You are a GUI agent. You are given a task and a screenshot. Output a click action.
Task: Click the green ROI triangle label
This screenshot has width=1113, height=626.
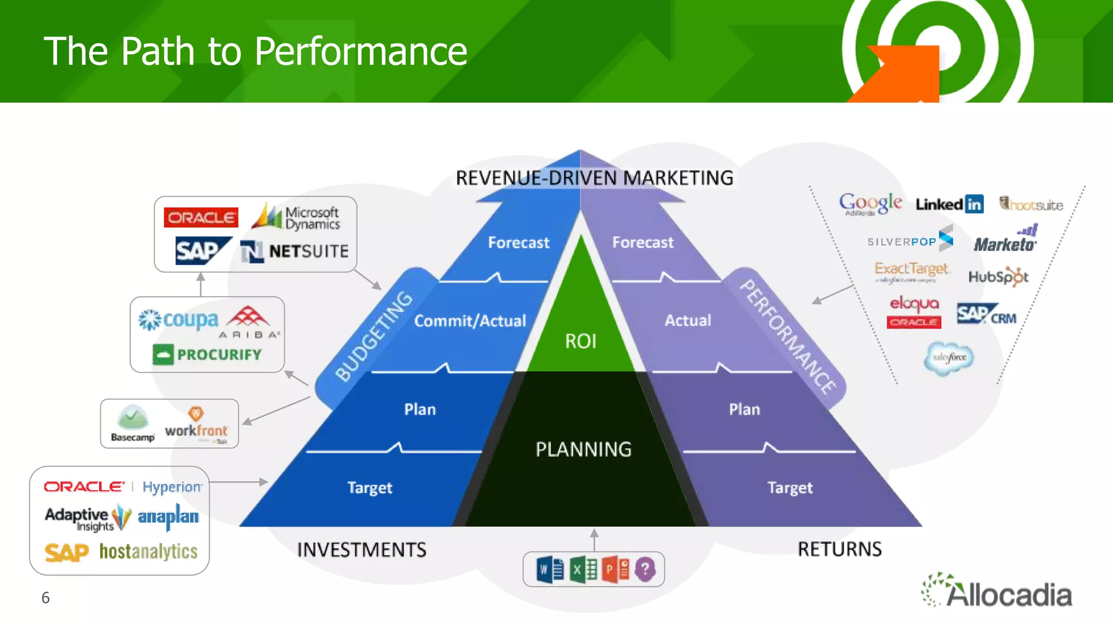580,341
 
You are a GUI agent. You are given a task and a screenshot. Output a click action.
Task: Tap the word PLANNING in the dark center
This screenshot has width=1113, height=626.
583,449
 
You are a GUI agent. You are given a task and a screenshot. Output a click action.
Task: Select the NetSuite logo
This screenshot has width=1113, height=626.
295,251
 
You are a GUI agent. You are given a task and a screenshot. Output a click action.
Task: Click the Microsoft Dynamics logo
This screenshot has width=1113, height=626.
297,217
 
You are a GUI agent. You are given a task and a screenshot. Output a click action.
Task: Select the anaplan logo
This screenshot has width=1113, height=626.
168,516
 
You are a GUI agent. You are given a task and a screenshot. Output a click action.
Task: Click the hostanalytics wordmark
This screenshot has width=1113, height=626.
148,552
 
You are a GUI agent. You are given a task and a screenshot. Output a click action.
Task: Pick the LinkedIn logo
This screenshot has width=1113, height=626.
949,204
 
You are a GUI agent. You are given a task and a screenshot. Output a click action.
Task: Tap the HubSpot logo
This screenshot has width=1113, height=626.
998,277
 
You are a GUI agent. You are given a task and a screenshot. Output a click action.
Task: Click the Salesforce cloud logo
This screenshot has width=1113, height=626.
949,358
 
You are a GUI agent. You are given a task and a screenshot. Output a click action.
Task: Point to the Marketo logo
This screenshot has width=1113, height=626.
1005,240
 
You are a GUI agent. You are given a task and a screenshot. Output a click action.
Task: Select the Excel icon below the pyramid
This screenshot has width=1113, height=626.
583,569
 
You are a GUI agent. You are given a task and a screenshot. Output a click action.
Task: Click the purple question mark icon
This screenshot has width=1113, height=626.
645,569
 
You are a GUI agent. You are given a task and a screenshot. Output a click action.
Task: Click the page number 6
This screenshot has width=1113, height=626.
46,598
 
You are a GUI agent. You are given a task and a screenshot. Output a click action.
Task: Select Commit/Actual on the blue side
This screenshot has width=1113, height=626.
470,321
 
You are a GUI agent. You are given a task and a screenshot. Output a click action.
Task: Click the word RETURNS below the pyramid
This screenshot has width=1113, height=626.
839,549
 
